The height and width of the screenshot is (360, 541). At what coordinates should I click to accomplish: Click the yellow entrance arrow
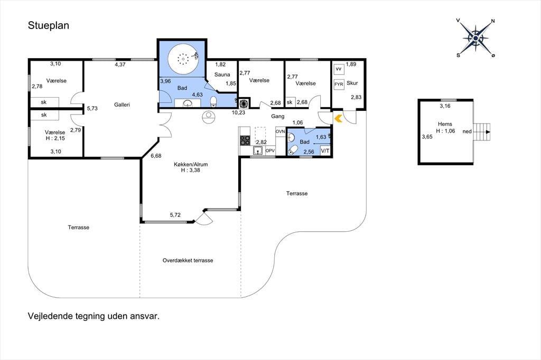(x=338, y=119)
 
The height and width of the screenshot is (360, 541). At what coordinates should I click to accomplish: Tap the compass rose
(x=476, y=38)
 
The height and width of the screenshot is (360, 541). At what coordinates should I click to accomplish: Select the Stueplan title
(x=48, y=25)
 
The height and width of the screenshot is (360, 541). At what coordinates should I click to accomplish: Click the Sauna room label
(x=222, y=74)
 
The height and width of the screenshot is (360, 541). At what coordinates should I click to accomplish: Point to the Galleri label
(x=122, y=105)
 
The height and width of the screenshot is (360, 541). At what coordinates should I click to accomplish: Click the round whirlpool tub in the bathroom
(x=183, y=59)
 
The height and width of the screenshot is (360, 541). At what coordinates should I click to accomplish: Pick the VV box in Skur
(x=339, y=69)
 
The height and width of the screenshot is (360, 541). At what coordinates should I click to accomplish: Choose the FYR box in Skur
(x=339, y=84)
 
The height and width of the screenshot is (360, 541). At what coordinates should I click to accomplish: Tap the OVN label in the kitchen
(x=280, y=131)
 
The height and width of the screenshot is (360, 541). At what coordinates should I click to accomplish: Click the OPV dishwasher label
(x=270, y=150)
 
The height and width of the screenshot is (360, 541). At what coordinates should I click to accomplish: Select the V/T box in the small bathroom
(x=325, y=150)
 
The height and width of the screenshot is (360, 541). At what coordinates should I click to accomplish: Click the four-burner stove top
(x=245, y=140)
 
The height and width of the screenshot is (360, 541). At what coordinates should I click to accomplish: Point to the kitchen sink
(x=257, y=150)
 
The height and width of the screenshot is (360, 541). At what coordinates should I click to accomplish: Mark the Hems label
(x=445, y=124)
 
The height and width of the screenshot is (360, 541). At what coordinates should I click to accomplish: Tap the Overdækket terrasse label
(x=188, y=260)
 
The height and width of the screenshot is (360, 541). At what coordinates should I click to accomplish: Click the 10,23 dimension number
(x=238, y=112)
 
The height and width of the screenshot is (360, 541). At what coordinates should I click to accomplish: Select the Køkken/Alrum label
(x=191, y=165)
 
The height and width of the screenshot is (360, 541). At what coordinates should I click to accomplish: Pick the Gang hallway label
(x=277, y=117)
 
